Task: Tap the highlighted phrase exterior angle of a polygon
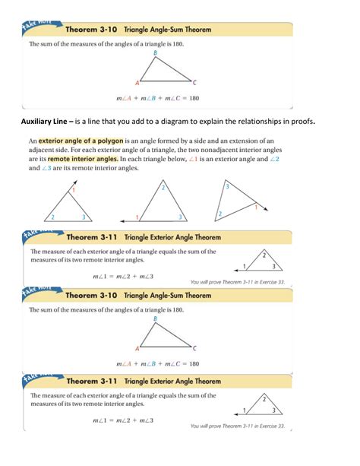pyautogui.click(x=81, y=141)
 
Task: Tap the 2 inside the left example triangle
pyautogui.click(x=52, y=217)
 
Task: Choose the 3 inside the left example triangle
pyautogui.click(x=84, y=217)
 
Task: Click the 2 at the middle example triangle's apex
pyautogui.click(x=162, y=187)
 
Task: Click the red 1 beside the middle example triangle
pyautogui.click(x=136, y=216)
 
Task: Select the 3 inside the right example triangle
pyautogui.click(x=227, y=186)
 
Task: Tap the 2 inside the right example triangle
pyautogui.click(x=220, y=214)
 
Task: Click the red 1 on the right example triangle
pyautogui.click(x=257, y=207)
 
